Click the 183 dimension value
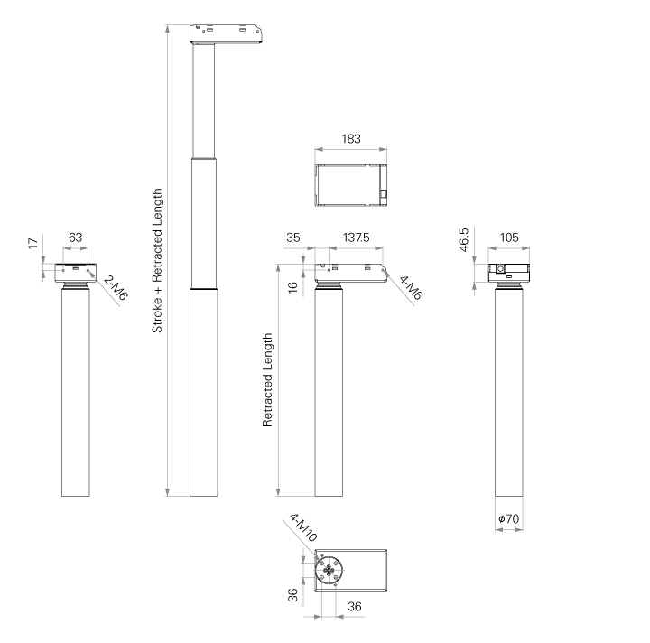(x=351, y=138)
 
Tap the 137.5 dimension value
(x=356, y=238)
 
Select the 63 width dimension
(x=76, y=238)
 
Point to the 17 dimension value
(x=33, y=243)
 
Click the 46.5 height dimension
(x=464, y=239)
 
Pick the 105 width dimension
(x=509, y=238)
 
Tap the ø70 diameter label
(x=508, y=518)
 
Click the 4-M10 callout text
(x=303, y=527)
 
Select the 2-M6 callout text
(x=116, y=288)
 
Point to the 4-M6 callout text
(x=411, y=287)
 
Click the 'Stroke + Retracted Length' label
(x=157, y=260)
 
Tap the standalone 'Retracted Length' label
(x=267, y=379)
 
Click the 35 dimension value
(x=293, y=238)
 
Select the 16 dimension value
(x=292, y=287)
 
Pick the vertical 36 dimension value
(x=292, y=595)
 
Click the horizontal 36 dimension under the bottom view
(x=355, y=607)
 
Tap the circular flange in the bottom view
(x=330, y=571)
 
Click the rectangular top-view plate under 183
(x=351, y=185)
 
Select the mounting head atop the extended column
(x=226, y=34)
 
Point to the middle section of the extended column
(x=204, y=223)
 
